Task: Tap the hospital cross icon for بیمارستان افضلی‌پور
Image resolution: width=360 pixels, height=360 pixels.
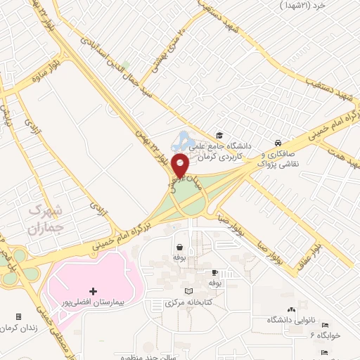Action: (x=93, y=290)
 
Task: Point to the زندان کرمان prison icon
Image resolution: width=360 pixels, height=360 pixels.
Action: (x=18, y=316)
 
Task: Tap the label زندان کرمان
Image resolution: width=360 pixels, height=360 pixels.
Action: (x=18, y=328)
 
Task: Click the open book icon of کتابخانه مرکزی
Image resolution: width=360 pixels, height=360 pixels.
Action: (x=188, y=291)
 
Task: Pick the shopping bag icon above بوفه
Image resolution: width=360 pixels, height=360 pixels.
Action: (x=180, y=247)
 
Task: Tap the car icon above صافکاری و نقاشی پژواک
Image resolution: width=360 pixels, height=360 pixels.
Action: (x=279, y=140)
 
